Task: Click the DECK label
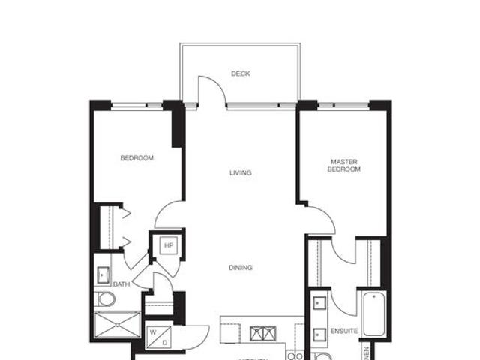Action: pyautogui.click(x=240, y=73)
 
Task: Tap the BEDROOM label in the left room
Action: pyautogui.click(x=137, y=158)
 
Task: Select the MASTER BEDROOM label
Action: pyautogui.click(x=344, y=166)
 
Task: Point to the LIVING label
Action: pyautogui.click(x=240, y=173)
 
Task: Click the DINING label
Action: pyautogui.click(x=241, y=268)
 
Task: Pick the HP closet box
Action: pyautogui.click(x=169, y=246)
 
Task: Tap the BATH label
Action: pyautogui.click(x=121, y=284)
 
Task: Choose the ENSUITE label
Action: pyautogui.click(x=340, y=331)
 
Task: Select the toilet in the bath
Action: pyautogui.click(x=106, y=300)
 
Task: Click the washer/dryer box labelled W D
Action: pyautogui.click(x=159, y=336)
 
